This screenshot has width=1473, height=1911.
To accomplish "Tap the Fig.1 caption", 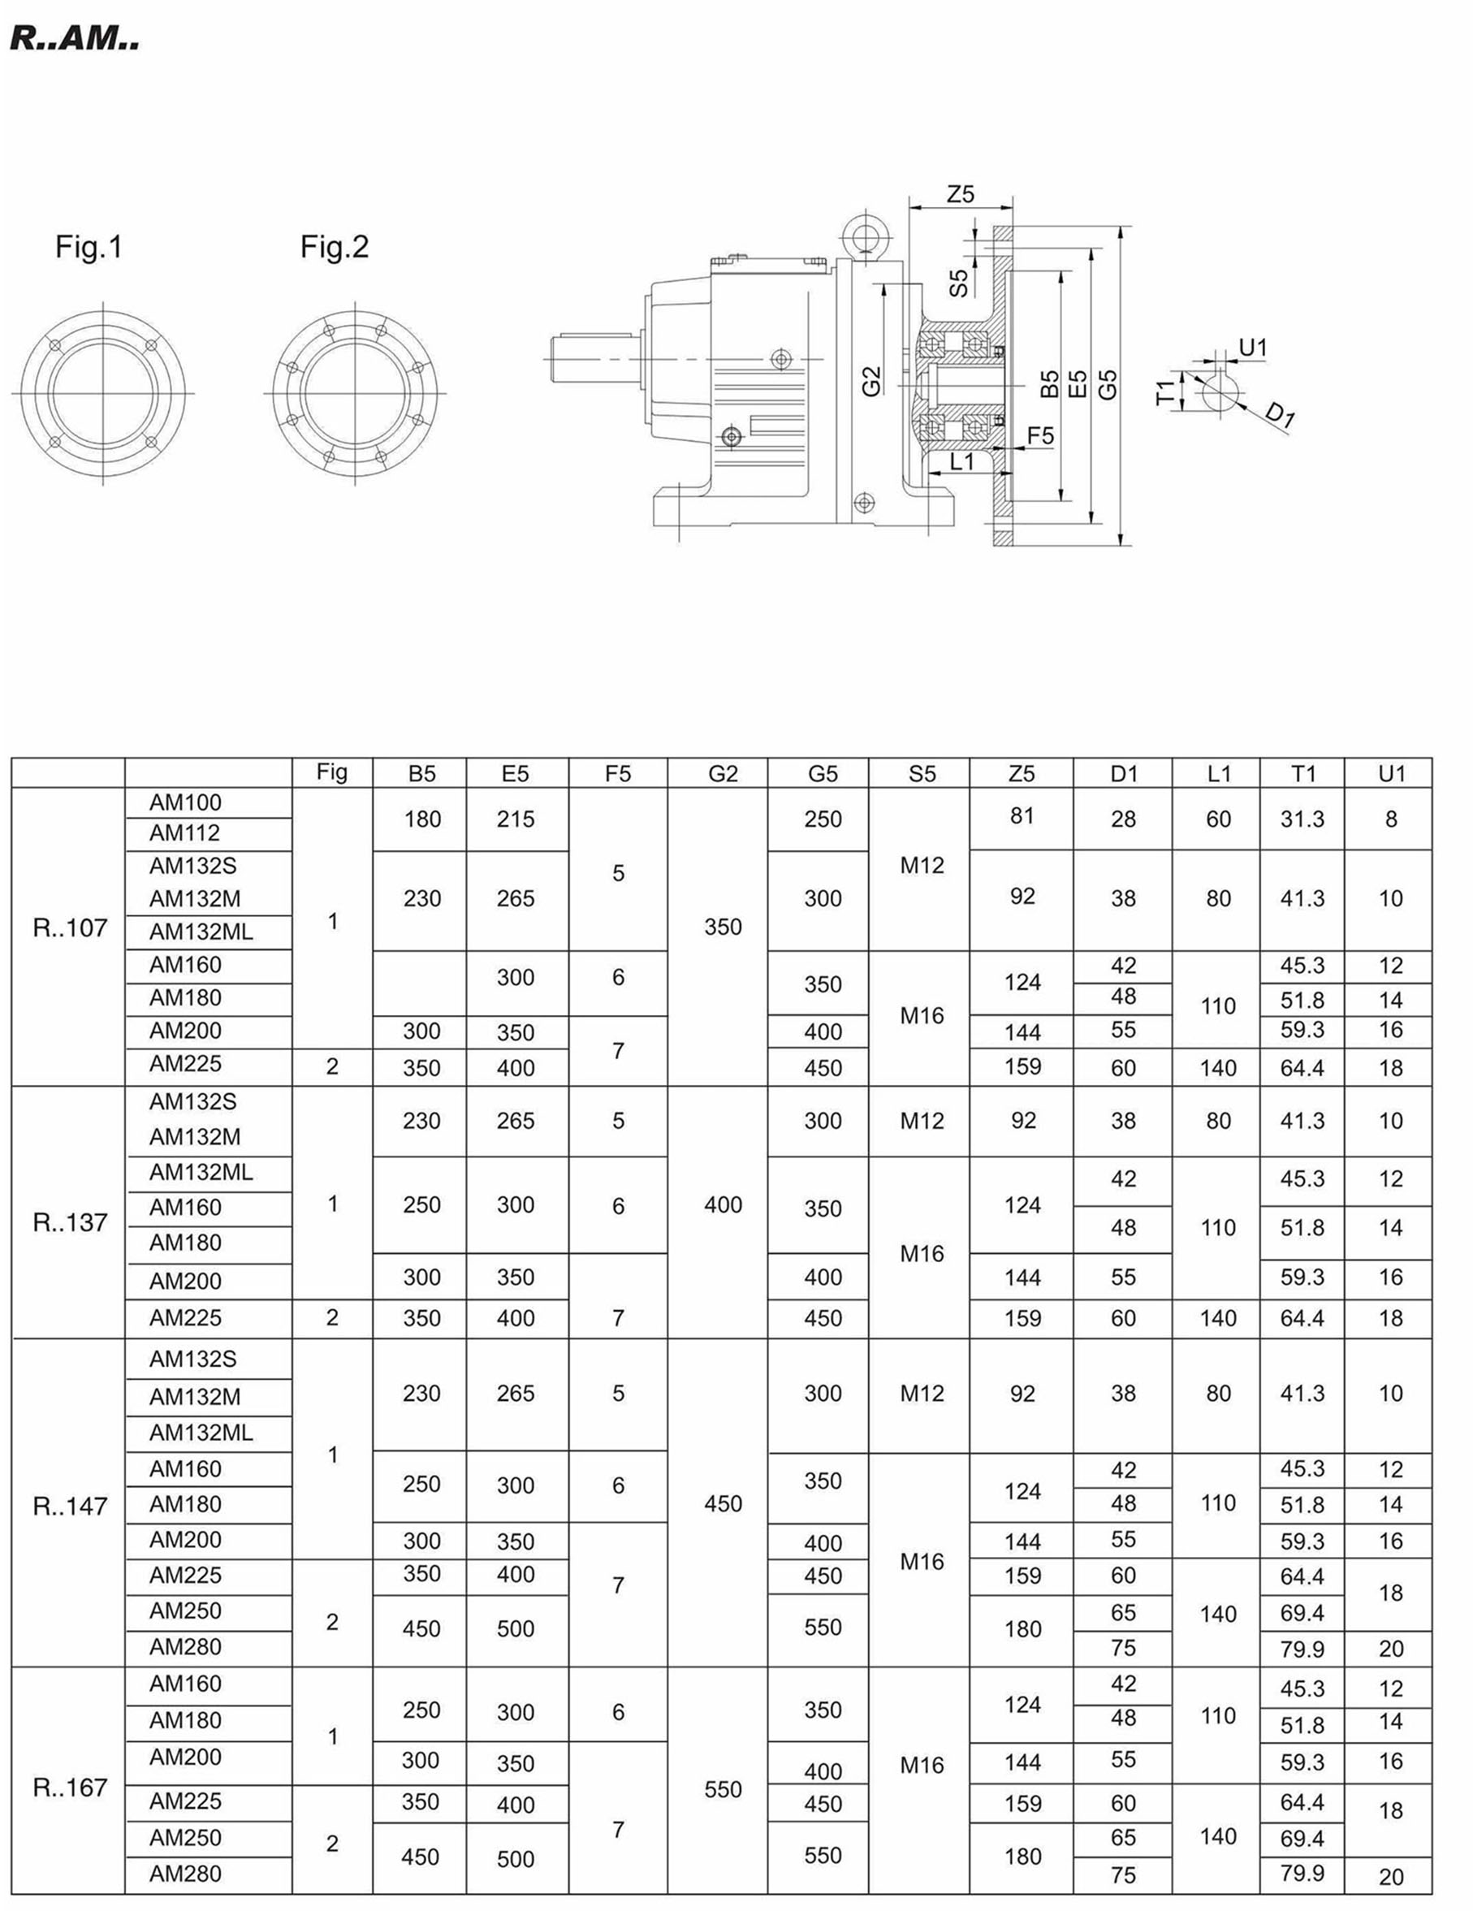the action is coord(89,247).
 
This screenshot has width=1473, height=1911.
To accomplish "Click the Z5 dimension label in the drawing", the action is coord(961,193).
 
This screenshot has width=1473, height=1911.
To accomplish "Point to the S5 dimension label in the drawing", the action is coord(960,283).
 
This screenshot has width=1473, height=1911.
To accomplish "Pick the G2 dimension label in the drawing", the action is coord(871,382).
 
